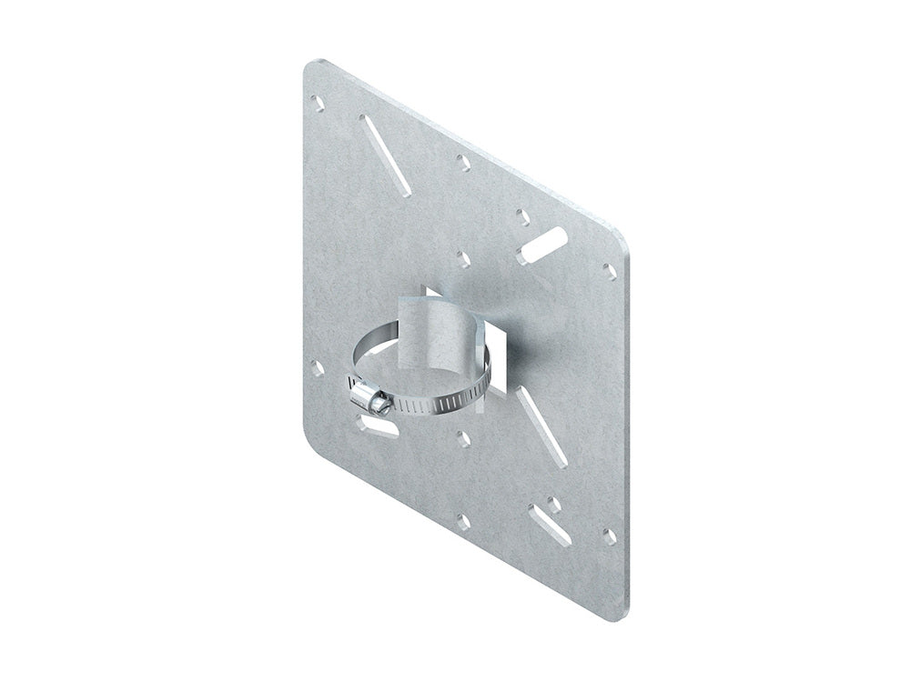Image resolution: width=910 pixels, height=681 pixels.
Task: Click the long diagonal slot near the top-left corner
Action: tap(383, 142)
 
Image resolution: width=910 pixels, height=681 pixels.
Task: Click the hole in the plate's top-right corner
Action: tap(609, 270)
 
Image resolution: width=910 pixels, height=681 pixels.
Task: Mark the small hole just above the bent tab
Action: tap(463, 257)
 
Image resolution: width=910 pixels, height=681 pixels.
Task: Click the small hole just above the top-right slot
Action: tap(522, 216)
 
